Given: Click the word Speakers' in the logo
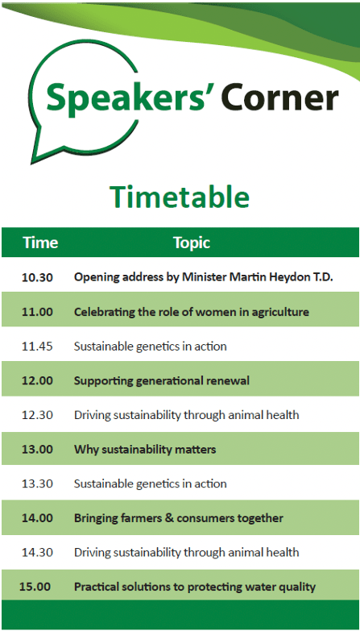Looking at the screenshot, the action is click(130, 97).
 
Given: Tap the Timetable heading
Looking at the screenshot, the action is click(180, 197).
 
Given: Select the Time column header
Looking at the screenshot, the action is click(40, 243).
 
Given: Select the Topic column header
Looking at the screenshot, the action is click(192, 243).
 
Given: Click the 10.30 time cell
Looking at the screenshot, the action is click(37, 277).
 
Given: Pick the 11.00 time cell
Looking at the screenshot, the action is click(37, 312).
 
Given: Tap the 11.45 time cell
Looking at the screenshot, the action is click(37, 347).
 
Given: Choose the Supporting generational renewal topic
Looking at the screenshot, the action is click(162, 381).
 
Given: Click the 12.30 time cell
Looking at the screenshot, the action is click(37, 415).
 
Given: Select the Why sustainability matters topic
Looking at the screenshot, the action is click(145, 450).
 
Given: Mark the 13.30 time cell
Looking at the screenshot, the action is click(37, 484).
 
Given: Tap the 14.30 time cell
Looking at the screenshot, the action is click(37, 552).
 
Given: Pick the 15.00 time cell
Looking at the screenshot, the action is click(35, 587).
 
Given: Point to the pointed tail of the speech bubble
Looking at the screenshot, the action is click(31, 163).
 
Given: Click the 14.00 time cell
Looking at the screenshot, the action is click(37, 518).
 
